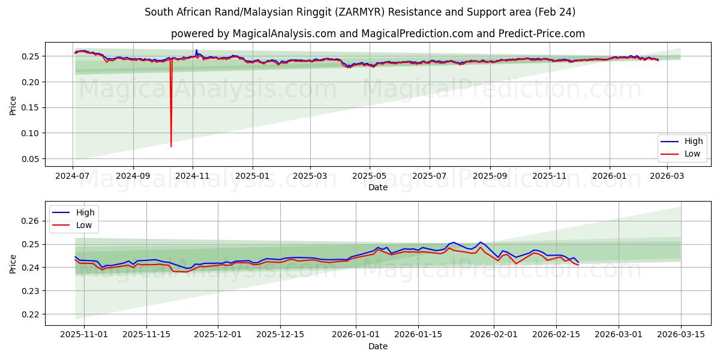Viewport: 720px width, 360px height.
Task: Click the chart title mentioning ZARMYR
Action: coord(360,12)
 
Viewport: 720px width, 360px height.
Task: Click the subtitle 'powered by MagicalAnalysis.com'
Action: coord(377,34)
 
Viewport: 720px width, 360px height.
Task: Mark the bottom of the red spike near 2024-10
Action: coord(171,146)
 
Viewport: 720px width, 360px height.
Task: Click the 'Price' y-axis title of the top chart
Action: coord(13,105)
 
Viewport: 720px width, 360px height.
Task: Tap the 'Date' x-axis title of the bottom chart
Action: coord(378,347)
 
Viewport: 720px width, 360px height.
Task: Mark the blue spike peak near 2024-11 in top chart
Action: coord(196,50)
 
